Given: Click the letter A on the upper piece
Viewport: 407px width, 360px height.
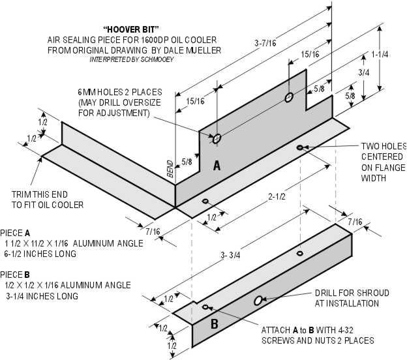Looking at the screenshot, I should click(217, 166).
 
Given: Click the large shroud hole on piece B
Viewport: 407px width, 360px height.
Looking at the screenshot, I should click(258, 300).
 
